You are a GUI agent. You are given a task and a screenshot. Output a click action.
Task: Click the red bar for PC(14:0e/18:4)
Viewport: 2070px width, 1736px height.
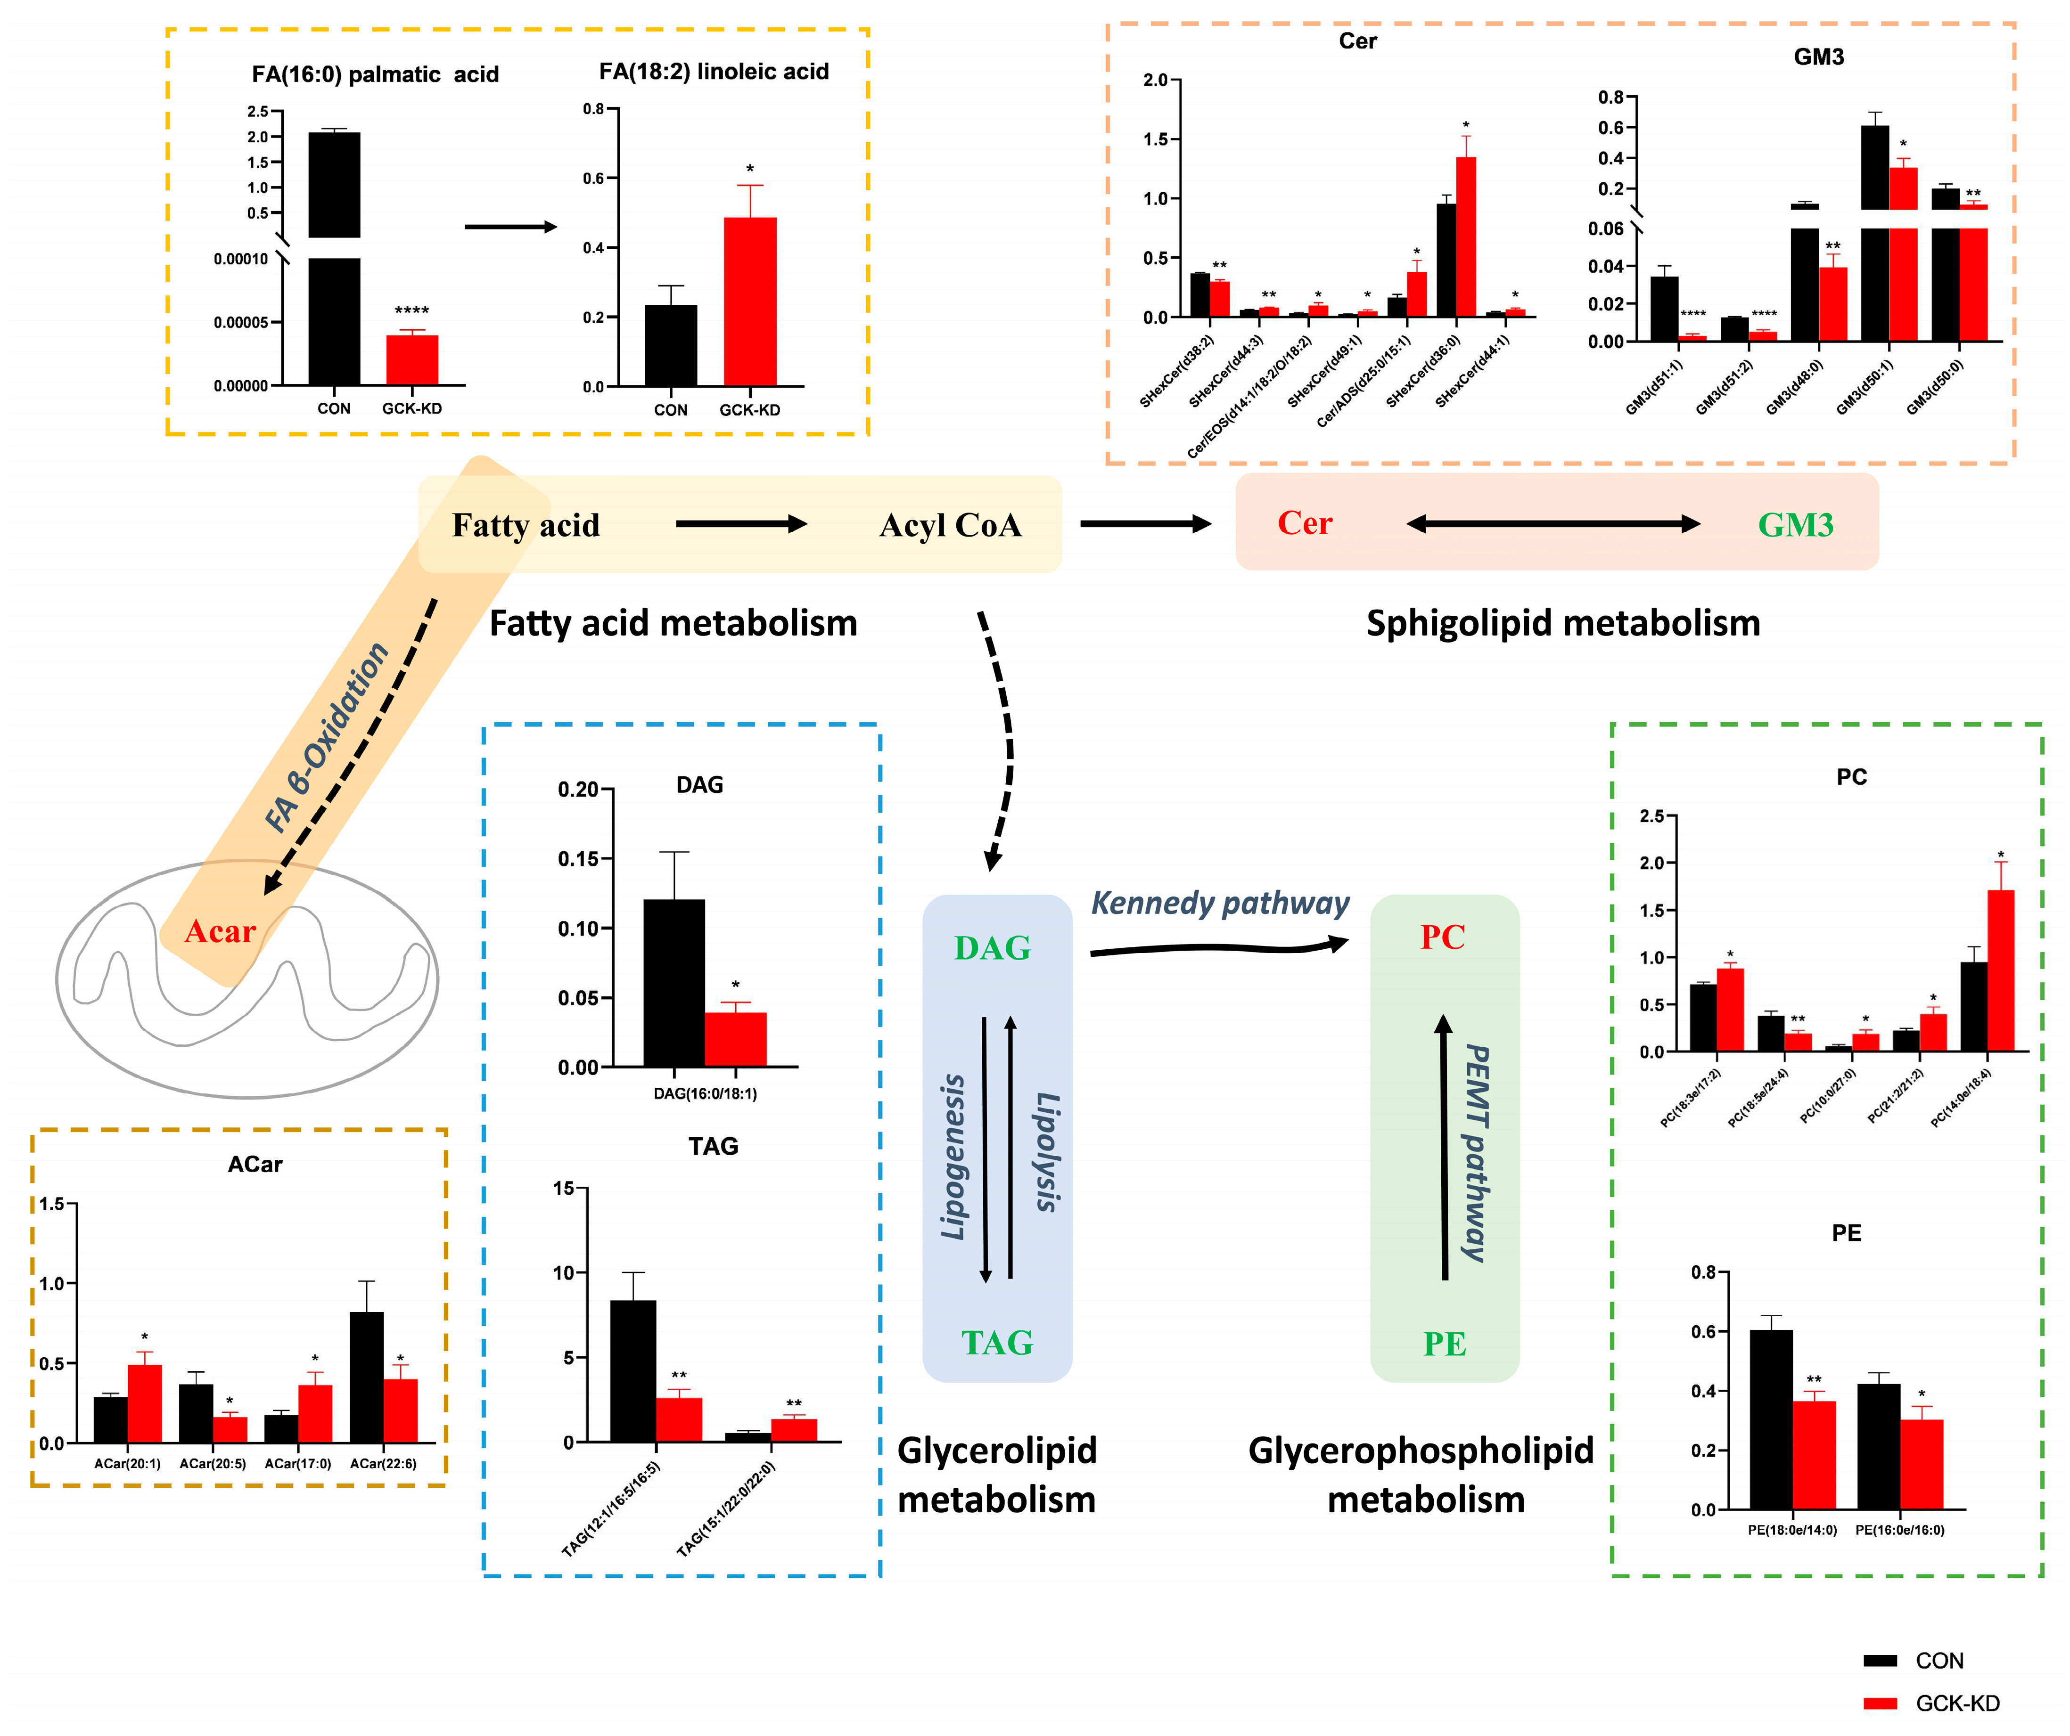2000,970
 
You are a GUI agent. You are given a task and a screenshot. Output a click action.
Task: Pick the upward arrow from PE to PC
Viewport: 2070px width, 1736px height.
1444,1148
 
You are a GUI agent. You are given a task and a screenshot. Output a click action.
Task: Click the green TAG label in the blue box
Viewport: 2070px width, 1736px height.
996,1343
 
